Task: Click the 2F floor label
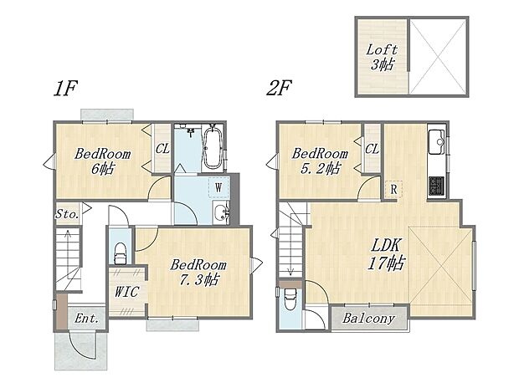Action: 280,88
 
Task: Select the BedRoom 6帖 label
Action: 102,161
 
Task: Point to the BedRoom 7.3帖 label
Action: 198,272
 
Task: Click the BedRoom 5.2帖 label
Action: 319,161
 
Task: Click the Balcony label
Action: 368,319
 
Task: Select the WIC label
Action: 126,292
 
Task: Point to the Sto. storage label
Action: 67,214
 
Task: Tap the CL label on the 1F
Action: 162,149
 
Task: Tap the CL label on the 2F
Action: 373,149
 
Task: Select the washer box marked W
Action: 218,186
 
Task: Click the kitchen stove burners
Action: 436,185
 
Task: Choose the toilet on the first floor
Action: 119,250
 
